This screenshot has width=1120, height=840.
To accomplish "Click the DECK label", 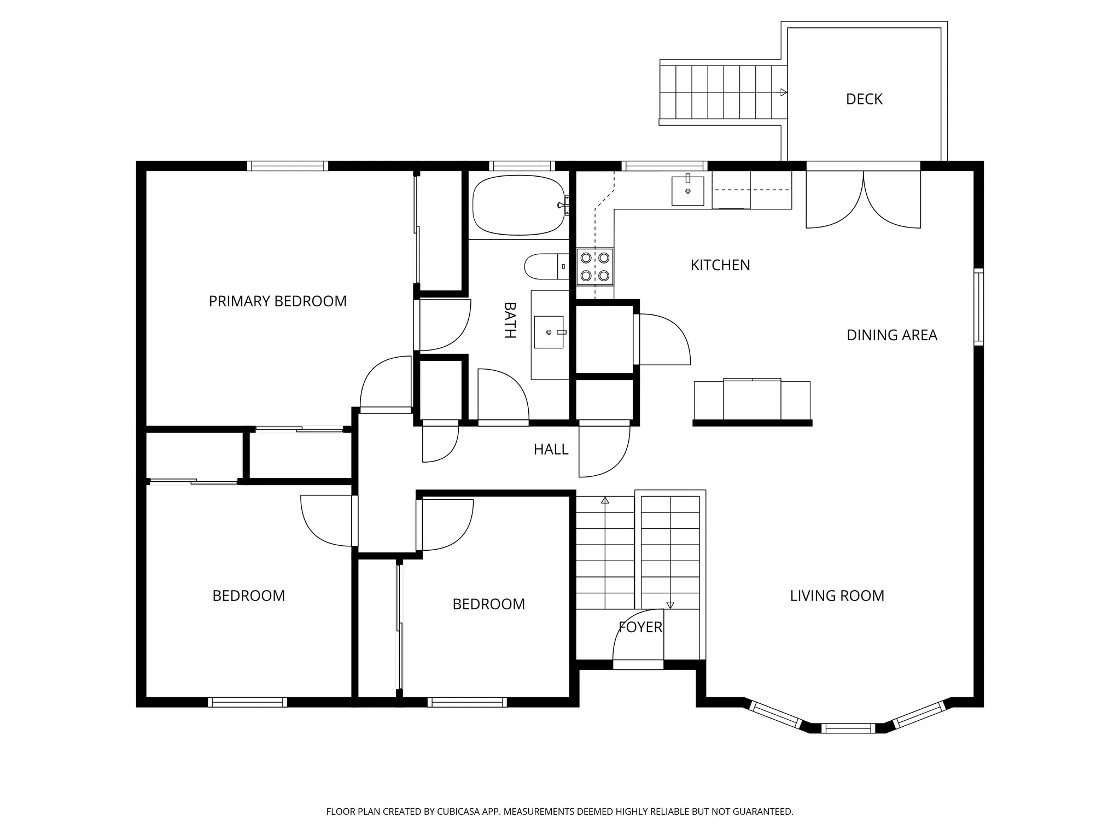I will [864, 99].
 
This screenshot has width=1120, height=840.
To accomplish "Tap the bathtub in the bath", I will [518, 205].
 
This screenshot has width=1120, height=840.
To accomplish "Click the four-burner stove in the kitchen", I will [595, 266].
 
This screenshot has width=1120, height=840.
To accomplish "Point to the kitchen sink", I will [687, 190].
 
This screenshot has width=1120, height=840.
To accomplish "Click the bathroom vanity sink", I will [549, 332].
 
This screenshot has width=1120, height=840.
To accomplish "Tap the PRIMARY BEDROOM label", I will [277, 301].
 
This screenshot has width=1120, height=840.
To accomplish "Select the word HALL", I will [551, 450].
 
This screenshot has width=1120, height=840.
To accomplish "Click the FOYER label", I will [640, 627].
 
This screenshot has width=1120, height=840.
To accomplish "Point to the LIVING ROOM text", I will [837, 596].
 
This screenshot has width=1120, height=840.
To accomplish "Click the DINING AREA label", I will [891, 335].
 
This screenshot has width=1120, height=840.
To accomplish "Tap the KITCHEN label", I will [720, 265].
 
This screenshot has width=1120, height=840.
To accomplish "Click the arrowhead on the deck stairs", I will [783, 92].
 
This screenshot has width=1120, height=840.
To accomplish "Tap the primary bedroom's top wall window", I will [288, 166].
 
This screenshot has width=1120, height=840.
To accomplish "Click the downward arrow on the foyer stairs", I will [670, 605].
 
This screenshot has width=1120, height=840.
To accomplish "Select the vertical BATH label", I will [510, 320].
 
